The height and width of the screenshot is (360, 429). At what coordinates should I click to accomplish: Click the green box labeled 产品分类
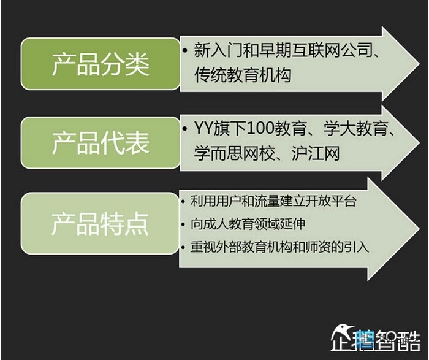click(x=101, y=64)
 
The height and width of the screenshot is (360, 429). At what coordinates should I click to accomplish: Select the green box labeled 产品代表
click(x=101, y=143)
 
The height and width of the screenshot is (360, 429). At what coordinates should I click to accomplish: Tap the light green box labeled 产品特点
click(x=100, y=223)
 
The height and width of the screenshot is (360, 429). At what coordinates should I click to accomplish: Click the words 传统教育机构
click(x=243, y=75)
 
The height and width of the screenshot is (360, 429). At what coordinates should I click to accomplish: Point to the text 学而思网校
click(x=235, y=153)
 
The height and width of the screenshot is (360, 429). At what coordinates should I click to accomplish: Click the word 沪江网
click(x=316, y=153)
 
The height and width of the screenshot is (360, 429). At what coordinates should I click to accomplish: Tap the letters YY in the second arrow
click(x=203, y=128)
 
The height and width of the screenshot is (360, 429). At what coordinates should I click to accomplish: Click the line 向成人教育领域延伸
click(x=248, y=224)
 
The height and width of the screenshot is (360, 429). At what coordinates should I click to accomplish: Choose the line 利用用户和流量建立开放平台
click(x=273, y=201)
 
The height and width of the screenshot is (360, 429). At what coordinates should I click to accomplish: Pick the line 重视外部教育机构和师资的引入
click(x=279, y=247)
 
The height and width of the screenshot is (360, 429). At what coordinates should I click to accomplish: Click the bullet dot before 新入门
click(x=186, y=50)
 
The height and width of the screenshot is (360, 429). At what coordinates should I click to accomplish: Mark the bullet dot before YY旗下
click(x=186, y=129)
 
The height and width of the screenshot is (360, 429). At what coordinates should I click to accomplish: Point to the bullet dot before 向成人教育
click(x=183, y=224)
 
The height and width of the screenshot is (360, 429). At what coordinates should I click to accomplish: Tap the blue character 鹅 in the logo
click(x=365, y=340)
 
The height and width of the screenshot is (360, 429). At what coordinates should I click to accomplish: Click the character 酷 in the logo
click(x=409, y=340)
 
